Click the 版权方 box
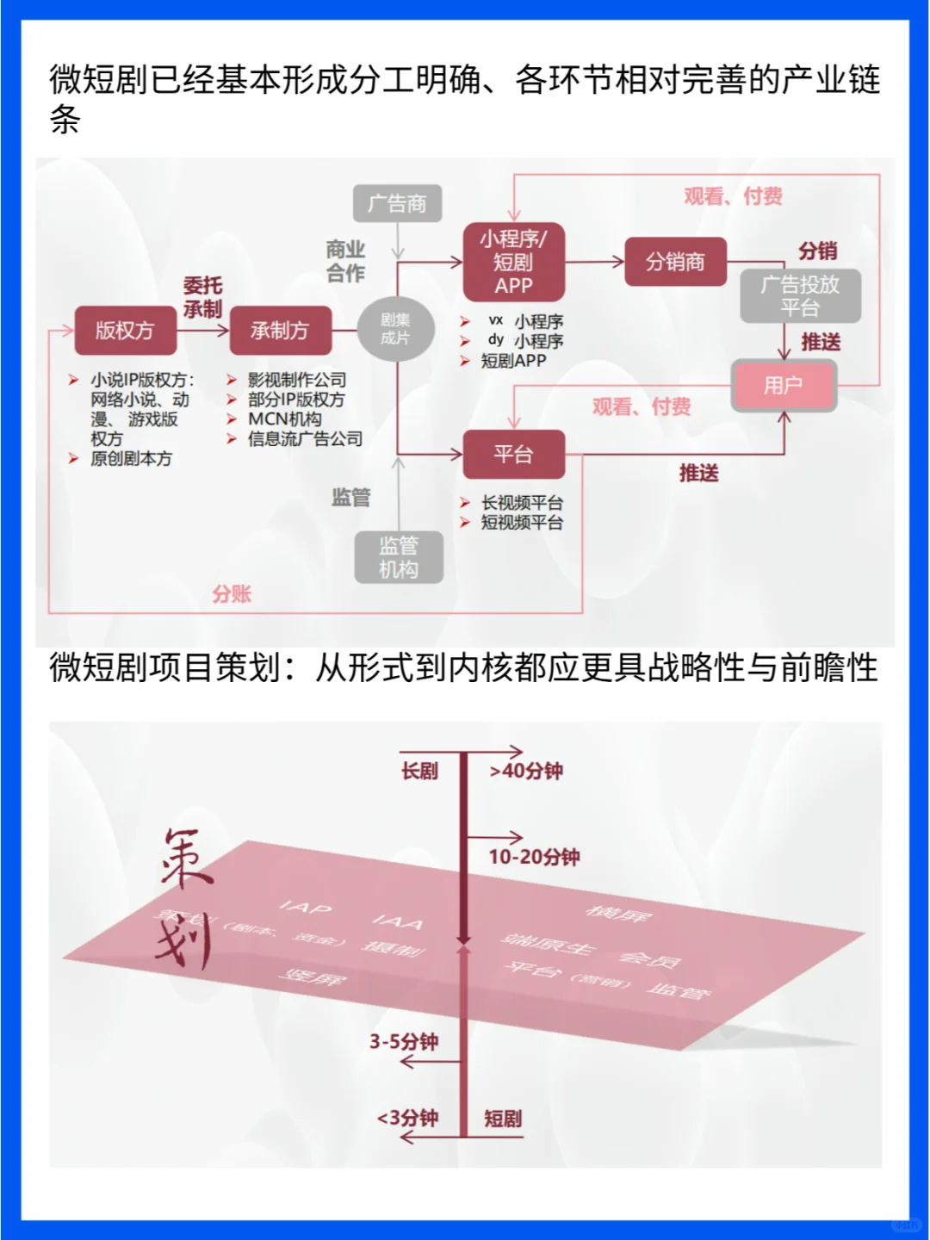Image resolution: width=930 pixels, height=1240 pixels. [126, 331]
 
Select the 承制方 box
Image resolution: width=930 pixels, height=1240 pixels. [280, 331]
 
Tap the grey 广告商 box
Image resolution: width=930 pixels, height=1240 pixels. [397, 204]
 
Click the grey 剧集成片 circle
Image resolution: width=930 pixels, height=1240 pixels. [395, 329]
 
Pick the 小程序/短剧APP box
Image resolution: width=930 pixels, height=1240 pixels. [513, 262]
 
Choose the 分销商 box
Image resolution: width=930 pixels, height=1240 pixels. [675, 262]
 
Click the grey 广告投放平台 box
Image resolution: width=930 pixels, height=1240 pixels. [800, 296]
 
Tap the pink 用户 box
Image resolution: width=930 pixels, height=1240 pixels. [784, 385]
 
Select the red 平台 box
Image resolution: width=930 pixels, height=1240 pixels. [513, 454]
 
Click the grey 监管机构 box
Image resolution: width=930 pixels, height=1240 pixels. [399, 557]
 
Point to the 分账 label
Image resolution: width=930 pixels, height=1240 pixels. [232, 594]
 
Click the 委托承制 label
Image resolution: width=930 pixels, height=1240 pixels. [202, 298]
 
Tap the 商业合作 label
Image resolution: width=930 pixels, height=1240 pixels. [345, 262]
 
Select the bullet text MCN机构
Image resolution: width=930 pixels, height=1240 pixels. [285, 419]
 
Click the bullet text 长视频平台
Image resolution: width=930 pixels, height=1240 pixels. [522, 503]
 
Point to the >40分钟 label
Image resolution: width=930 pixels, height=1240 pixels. [526, 772]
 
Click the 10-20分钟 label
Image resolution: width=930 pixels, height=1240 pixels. [534, 857]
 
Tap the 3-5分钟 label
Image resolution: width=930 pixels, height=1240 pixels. [404, 1042]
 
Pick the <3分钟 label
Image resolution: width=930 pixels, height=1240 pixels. [407, 1119]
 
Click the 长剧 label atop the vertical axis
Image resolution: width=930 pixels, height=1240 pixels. [419, 772]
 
